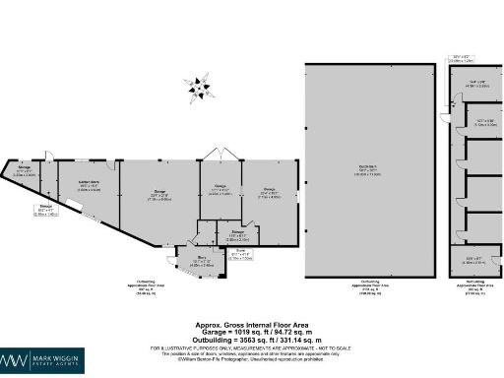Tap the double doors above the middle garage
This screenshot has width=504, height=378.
click(x=219, y=156)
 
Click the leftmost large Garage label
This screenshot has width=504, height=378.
click(x=157, y=192)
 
